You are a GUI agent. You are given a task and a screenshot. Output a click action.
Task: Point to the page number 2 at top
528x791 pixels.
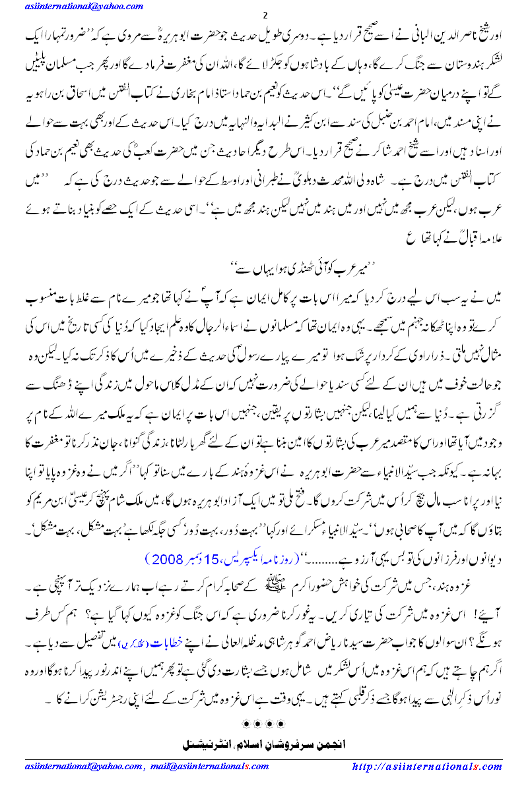265,16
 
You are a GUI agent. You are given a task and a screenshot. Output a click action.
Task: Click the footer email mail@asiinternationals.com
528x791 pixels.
207,767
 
